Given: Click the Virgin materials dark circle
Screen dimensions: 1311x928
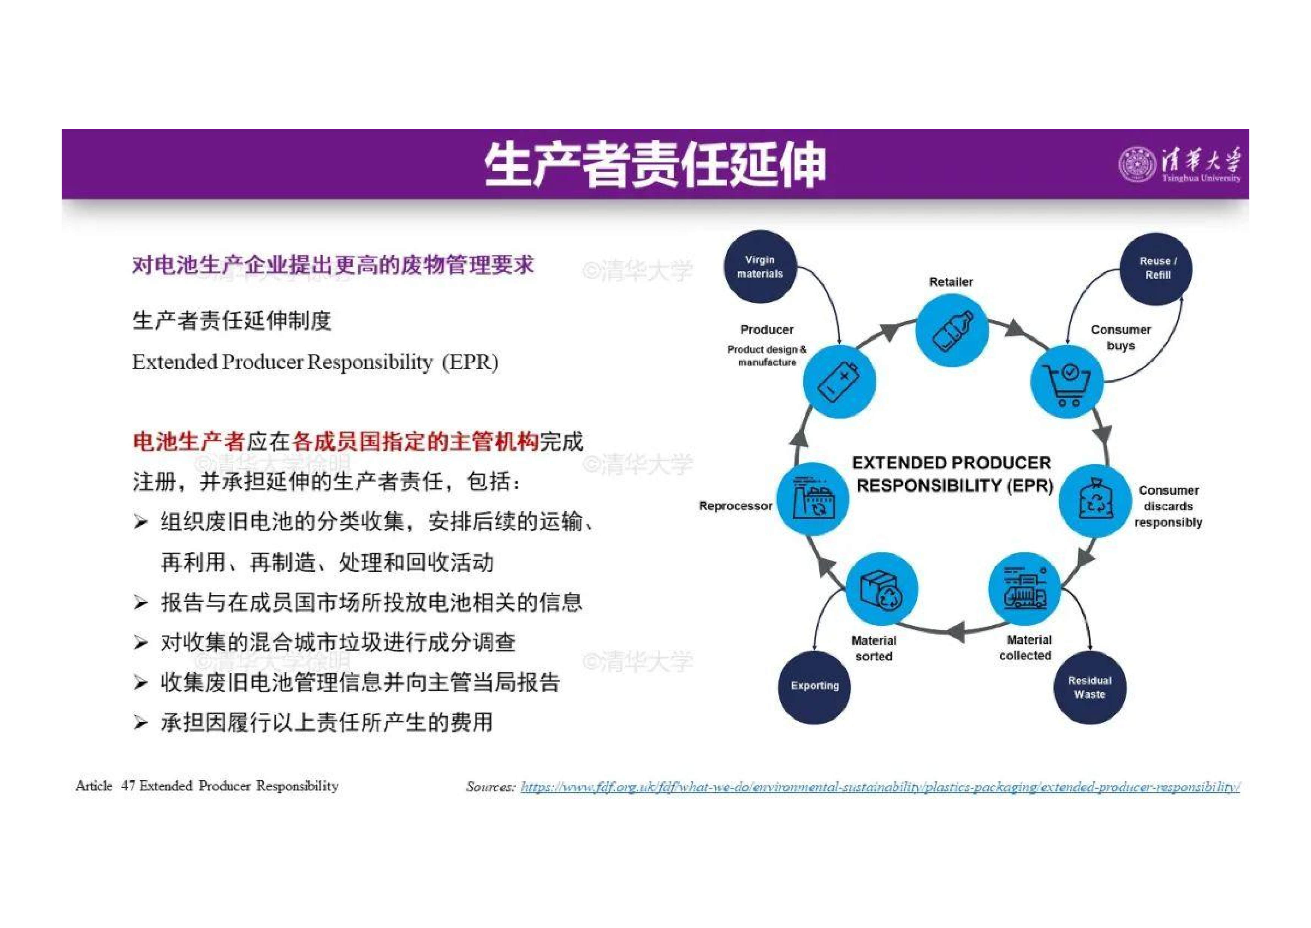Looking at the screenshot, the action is coord(760,267).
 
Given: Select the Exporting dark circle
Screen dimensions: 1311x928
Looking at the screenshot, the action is coord(815,687).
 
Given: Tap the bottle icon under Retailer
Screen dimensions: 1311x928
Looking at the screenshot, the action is coord(952,330).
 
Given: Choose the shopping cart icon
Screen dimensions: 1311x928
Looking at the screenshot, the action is coord(1067,382).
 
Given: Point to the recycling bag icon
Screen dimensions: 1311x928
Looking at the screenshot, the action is coord(1095,500).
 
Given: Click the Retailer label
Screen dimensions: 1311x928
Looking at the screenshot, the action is coord(951,282).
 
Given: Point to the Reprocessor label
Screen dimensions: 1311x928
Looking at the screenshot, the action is coord(735,506).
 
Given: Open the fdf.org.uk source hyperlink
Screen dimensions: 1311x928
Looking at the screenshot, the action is coord(880,787).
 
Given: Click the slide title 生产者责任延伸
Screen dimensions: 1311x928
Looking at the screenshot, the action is coord(655,165).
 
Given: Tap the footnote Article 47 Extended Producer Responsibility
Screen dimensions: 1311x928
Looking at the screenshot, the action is coord(207,786).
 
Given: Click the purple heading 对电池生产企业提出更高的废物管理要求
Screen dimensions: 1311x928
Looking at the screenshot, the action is coord(333,265).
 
